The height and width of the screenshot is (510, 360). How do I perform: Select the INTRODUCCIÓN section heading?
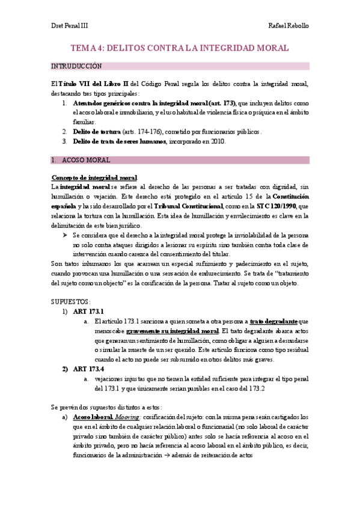click(76, 66)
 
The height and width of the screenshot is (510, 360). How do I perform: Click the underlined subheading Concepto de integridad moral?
click(94, 178)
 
